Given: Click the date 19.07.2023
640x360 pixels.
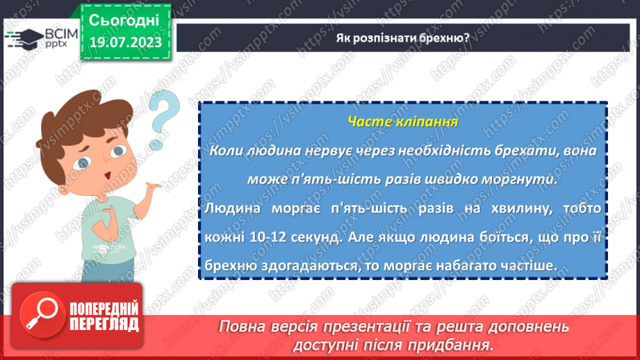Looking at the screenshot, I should coord(124,42).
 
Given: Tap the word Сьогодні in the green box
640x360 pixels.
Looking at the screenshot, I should coord(124,19).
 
